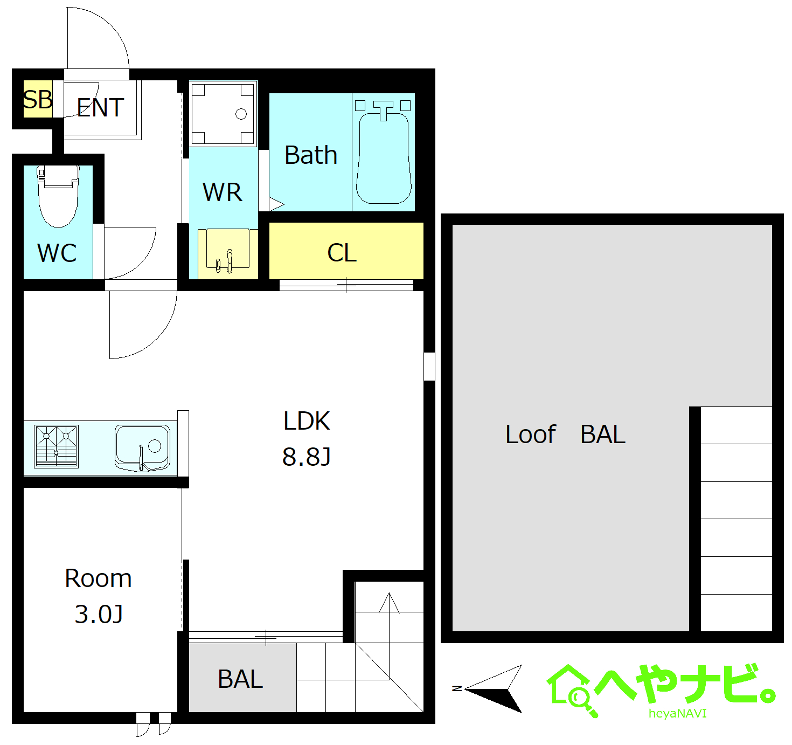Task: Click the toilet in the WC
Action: click(x=58, y=196)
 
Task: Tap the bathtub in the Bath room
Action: click(x=383, y=158)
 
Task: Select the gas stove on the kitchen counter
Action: click(x=56, y=446)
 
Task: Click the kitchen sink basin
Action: click(x=142, y=447)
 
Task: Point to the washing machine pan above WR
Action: click(x=223, y=114)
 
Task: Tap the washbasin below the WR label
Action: click(x=228, y=250)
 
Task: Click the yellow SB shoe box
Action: click(x=38, y=99)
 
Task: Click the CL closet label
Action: click(x=342, y=253)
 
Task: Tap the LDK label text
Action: click(x=307, y=420)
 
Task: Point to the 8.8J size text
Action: click(x=306, y=457)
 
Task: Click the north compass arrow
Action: click(x=494, y=689)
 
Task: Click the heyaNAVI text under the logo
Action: click(x=678, y=714)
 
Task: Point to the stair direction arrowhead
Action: click(x=389, y=603)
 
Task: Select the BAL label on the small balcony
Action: click(x=240, y=679)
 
